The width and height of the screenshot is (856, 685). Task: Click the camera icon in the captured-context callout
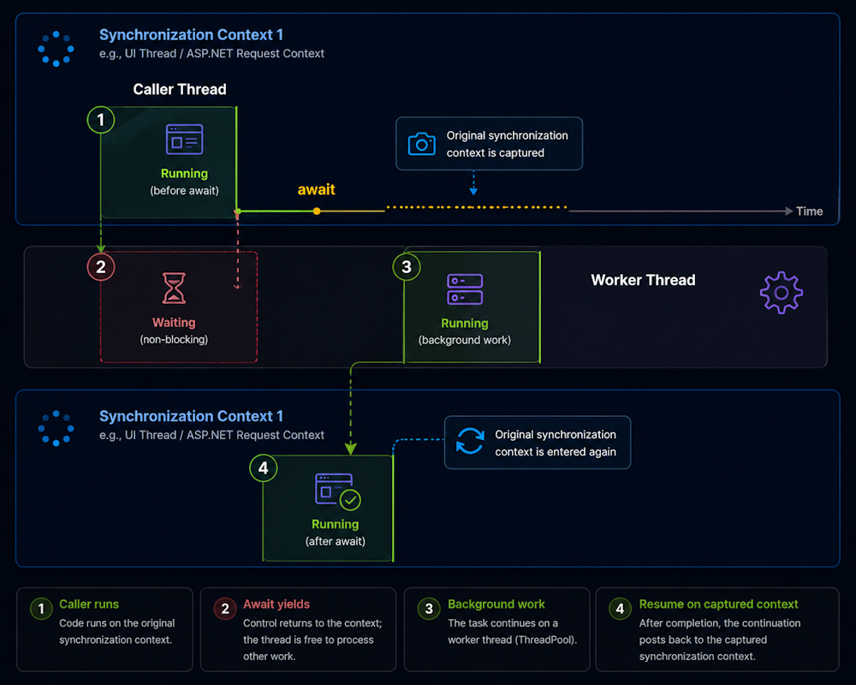(421, 144)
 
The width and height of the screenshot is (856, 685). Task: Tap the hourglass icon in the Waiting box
(174, 288)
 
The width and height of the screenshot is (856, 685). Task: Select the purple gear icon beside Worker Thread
(782, 293)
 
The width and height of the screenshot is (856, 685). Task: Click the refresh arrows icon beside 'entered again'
(470, 441)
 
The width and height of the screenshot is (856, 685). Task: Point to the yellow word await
(316, 189)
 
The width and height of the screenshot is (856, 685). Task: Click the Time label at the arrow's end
(809, 211)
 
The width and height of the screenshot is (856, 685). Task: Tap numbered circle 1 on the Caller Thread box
(101, 120)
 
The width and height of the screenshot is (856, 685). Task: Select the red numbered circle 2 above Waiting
(101, 266)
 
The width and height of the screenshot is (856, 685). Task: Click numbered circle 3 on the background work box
(407, 266)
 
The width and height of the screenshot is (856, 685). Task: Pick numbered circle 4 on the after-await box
(263, 468)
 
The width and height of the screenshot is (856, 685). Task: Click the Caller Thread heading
(180, 89)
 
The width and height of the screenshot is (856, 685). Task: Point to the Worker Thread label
(643, 280)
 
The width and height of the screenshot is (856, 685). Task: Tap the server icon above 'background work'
(465, 289)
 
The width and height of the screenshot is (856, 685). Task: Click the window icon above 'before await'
(185, 140)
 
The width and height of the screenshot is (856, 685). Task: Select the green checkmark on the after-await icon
(350, 500)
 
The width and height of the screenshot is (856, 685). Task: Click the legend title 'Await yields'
(276, 605)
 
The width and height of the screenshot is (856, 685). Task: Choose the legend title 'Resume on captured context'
(718, 605)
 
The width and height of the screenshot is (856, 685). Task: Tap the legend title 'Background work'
(496, 605)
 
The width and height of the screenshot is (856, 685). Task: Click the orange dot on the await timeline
(317, 211)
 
